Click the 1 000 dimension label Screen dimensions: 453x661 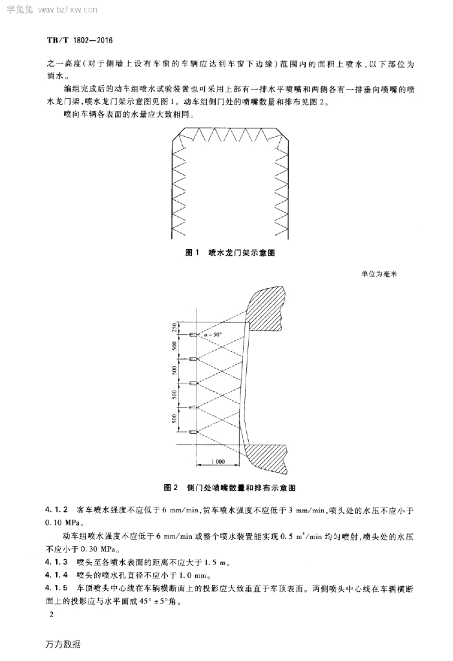tap(218, 462)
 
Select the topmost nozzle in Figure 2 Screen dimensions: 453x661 tap(193, 334)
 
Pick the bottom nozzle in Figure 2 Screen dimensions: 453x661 tap(193, 431)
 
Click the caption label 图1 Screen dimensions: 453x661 tap(190, 253)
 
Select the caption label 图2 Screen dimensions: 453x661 tap(171, 486)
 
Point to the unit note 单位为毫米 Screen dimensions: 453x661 tap(381, 274)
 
